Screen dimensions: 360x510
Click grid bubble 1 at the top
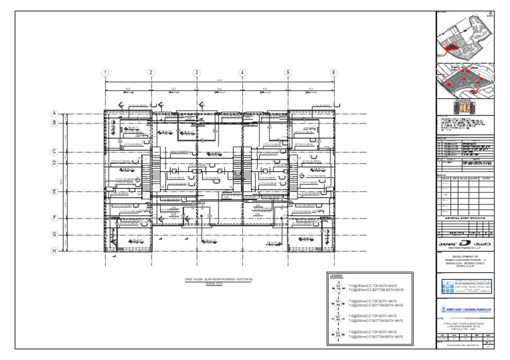(x=105, y=73)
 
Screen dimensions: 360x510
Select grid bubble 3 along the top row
(x=197, y=73)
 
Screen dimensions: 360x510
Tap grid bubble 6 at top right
(x=334, y=73)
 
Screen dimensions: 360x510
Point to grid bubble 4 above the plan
(x=242, y=73)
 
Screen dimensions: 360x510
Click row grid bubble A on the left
(x=56, y=114)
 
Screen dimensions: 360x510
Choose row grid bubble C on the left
(x=56, y=151)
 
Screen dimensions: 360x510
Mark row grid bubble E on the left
(x=56, y=191)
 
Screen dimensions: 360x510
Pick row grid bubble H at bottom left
(x=56, y=250)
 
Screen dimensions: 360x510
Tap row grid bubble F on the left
(x=56, y=217)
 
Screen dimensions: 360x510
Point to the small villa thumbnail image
(x=464, y=106)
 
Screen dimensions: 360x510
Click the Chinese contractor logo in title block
(x=464, y=310)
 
